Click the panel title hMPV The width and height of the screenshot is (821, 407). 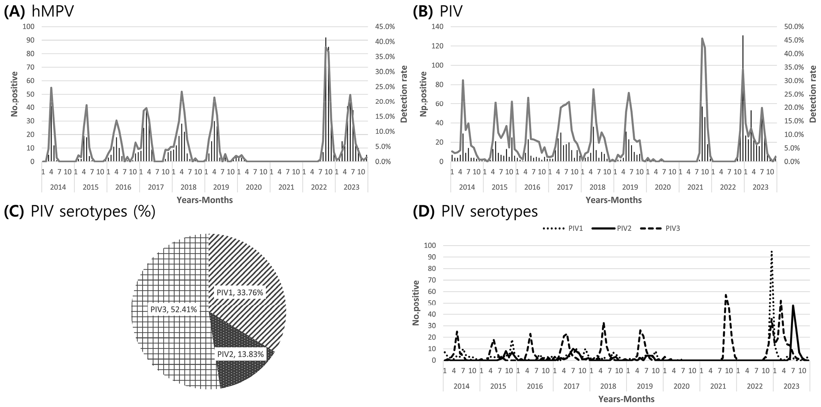pyautogui.click(x=53, y=12)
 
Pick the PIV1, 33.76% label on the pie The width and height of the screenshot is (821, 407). pyautogui.click(x=240, y=293)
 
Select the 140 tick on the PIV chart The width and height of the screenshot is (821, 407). pyautogui.click(x=438, y=27)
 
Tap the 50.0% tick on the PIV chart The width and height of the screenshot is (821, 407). pyautogui.click(x=793, y=27)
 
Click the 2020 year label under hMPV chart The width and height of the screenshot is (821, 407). pyautogui.click(x=254, y=187)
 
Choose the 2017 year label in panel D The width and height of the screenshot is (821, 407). pyautogui.click(x=571, y=386)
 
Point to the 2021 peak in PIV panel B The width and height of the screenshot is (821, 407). pyautogui.click(x=702, y=39)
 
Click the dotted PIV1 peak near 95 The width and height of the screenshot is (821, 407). pyautogui.click(x=772, y=251)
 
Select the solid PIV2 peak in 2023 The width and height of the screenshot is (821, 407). pyautogui.click(x=793, y=305)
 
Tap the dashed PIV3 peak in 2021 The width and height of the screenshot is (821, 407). pyautogui.click(x=726, y=295)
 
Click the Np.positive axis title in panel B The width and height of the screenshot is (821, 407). pyautogui.click(x=423, y=94)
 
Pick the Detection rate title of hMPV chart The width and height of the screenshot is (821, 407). pyautogui.click(x=404, y=94)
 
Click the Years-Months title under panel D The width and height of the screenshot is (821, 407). pyautogui.click(x=626, y=399)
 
